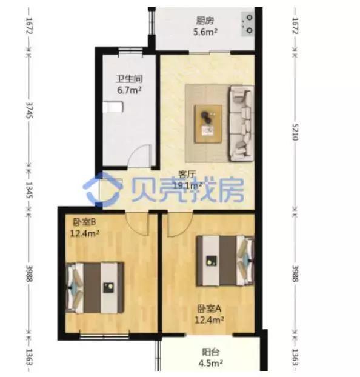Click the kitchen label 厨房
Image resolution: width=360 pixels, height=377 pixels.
pyautogui.click(x=205, y=21)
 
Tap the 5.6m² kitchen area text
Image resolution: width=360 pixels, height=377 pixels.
pyautogui.click(x=205, y=32)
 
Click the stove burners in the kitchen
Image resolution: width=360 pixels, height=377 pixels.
pyautogui.click(x=248, y=24)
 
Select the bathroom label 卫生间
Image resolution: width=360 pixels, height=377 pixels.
pyautogui.click(x=129, y=79)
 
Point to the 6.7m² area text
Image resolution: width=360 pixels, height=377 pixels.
pyautogui.click(x=129, y=90)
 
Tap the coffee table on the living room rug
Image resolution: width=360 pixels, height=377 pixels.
pyautogui.click(x=208, y=124)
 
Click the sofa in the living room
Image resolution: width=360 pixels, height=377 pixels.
pyautogui.click(x=241, y=123)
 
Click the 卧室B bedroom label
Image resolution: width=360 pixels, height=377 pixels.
pyautogui.click(x=84, y=222)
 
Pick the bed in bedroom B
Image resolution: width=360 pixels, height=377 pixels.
pyautogui.click(x=95, y=287)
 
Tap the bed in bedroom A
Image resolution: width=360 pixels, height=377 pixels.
pyautogui.click(x=225, y=261)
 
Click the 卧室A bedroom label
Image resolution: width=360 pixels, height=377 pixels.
pyautogui.click(x=209, y=309)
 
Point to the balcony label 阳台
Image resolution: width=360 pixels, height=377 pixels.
pyautogui.click(x=210, y=352)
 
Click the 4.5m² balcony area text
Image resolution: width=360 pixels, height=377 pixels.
pyautogui.click(x=211, y=363)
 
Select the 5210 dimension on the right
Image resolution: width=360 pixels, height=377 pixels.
pyautogui.click(x=295, y=132)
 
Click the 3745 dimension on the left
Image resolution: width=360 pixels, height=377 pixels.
pyautogui.click(x=29, y=110)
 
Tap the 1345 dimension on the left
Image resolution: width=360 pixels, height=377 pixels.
pyautogui.click(x=29, y=190)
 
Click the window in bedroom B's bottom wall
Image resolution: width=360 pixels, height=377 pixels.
pyautogui.click(x=105, y=336)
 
